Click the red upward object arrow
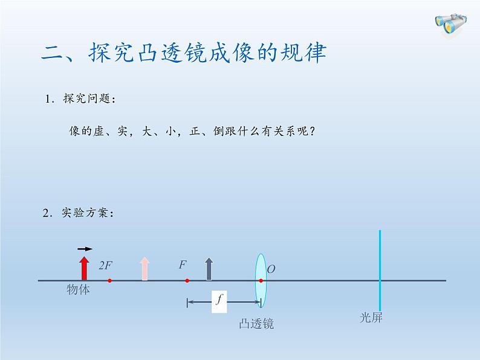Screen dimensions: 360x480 tap(84, 268)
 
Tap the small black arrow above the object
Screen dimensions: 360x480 tap(85, 248)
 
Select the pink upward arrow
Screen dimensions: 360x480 tap(144, 269)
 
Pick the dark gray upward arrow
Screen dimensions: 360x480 tap(209, 269)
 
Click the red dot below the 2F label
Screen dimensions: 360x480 tap(109, 281)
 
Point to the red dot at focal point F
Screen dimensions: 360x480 tap(187, 281)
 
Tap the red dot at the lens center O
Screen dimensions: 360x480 tap(261, 281)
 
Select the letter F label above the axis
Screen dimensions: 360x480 tap(183, 265)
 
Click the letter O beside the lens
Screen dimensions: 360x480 tap(271, 269)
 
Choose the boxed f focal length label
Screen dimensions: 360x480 tap(219, 300)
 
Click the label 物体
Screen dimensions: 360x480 tap(79, 290)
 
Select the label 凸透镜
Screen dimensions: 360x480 tap(256, 324)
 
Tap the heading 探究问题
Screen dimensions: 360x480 tap(88, 100)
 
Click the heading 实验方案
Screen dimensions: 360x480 tap(88, 213)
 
